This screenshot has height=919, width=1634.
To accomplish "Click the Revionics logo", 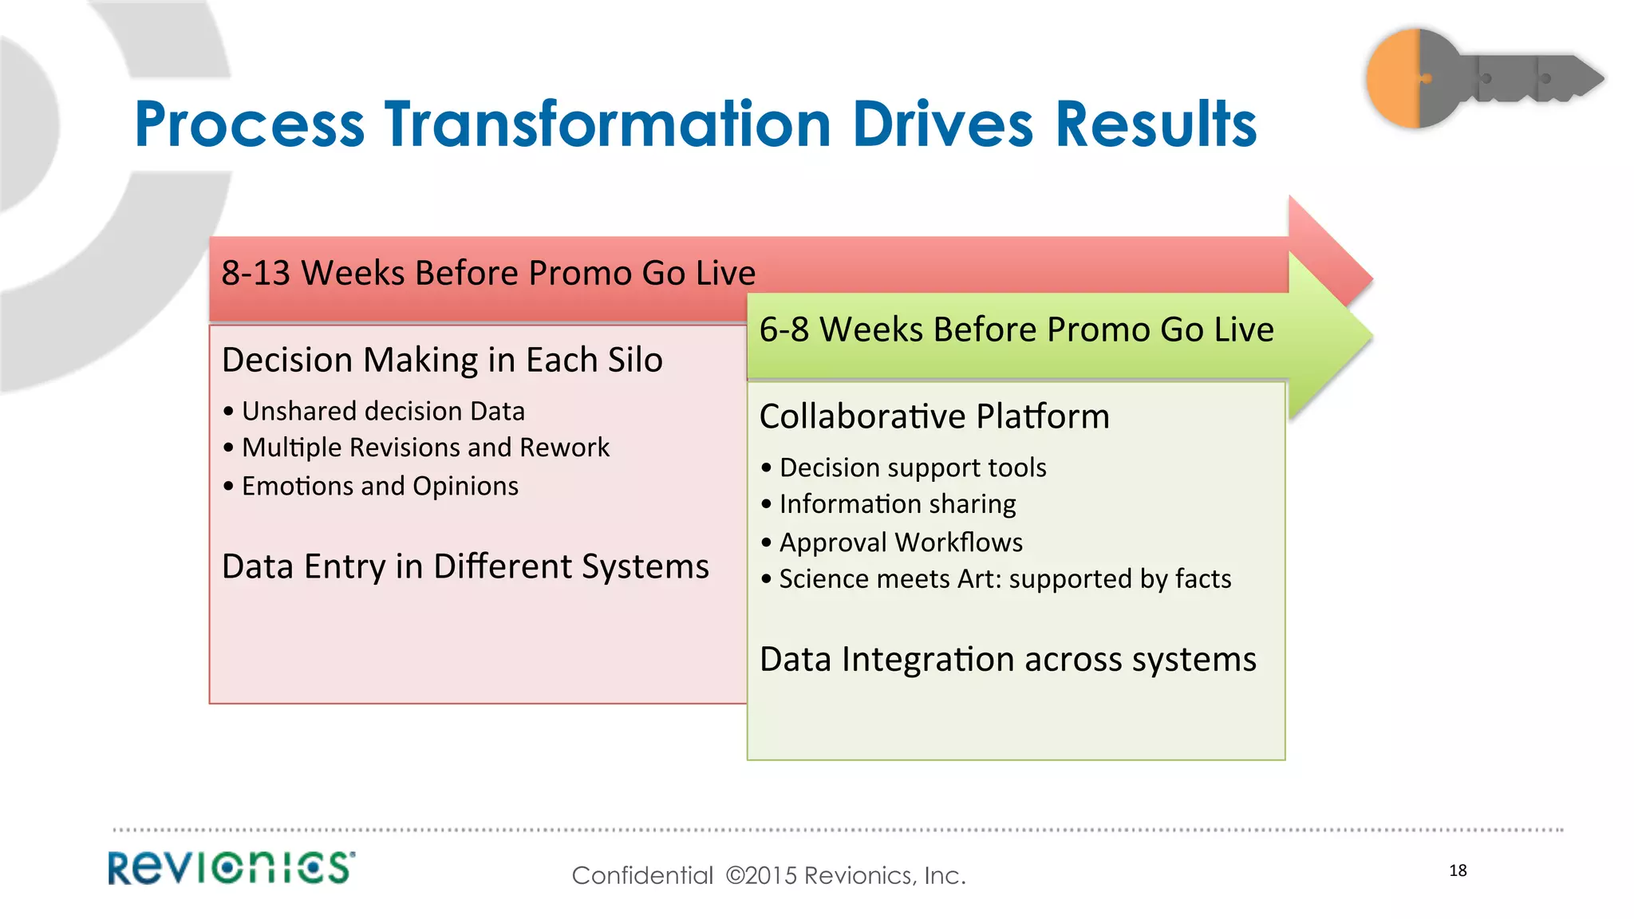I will click(x=231, y=868).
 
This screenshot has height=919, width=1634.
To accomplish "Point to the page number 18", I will click(x=1458, y=870).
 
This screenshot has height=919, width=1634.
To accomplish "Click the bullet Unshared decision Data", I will click(x=383, y=412).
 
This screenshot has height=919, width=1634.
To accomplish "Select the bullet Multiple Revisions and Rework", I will click(x=425, y=448).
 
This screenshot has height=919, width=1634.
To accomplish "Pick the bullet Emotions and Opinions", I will click(x=380, y=486).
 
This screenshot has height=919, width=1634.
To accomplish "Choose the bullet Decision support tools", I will click(x=913, y=467).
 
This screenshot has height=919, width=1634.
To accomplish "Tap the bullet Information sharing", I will click(x=898, y=504).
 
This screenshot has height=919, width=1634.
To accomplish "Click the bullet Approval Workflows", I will click(x=901, y=542).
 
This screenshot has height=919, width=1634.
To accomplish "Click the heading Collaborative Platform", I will click(x=934, y=416).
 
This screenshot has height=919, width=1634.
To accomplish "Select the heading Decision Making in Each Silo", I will click(x=442, y=361).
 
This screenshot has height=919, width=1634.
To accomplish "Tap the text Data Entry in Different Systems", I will click(x=465, y=567).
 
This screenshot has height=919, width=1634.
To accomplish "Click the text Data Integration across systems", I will click(x=1008, y=660).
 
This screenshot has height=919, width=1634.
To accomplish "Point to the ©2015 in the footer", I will click(x=761, y=876).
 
